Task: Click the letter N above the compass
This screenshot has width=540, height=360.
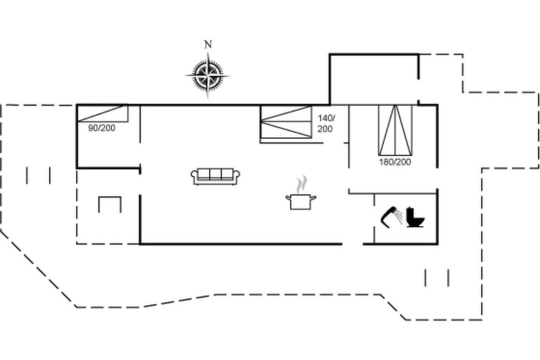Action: pyautogui.click(x=207, y=44)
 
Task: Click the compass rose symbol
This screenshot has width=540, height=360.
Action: pyautogui.click(x=207, y=75)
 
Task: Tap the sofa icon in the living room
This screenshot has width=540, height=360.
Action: pyautogui.click(x=215, y=176)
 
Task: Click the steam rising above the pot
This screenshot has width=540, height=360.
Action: pyautogui.click(x=301, y=184)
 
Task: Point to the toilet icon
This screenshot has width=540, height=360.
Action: pyautogui.click(x=415, y=217)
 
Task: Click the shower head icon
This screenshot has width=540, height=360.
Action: pyautogui.click(x=391, y=216)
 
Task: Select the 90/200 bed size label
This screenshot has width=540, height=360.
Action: pyautogui.click(x=101, y=128)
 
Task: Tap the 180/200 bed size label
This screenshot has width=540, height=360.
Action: pyautogui.click(x=395, y=162)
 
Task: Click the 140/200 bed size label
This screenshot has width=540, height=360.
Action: pyautogui.click(x=325, y=123)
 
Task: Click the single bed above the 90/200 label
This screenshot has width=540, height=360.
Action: pyautogui.click(x=102, y=113)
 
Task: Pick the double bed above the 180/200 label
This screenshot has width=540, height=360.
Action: pyautogui.click(x=395, y=130)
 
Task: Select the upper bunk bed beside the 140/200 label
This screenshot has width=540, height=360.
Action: pyautogui.click(x=286, y=113)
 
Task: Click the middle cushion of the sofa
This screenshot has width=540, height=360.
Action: pyautogui.click(x=215, y=174)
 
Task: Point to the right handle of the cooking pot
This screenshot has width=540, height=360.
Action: pyautogui.click(x=313, y=197)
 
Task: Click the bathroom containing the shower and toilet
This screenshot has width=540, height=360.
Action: pyautogui.click(x=405, y=219)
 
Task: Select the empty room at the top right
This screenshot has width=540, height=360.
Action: pyautogui.click(x=374, y=79)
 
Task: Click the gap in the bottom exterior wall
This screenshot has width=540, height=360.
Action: pyautogui.click(x=352, y=244)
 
